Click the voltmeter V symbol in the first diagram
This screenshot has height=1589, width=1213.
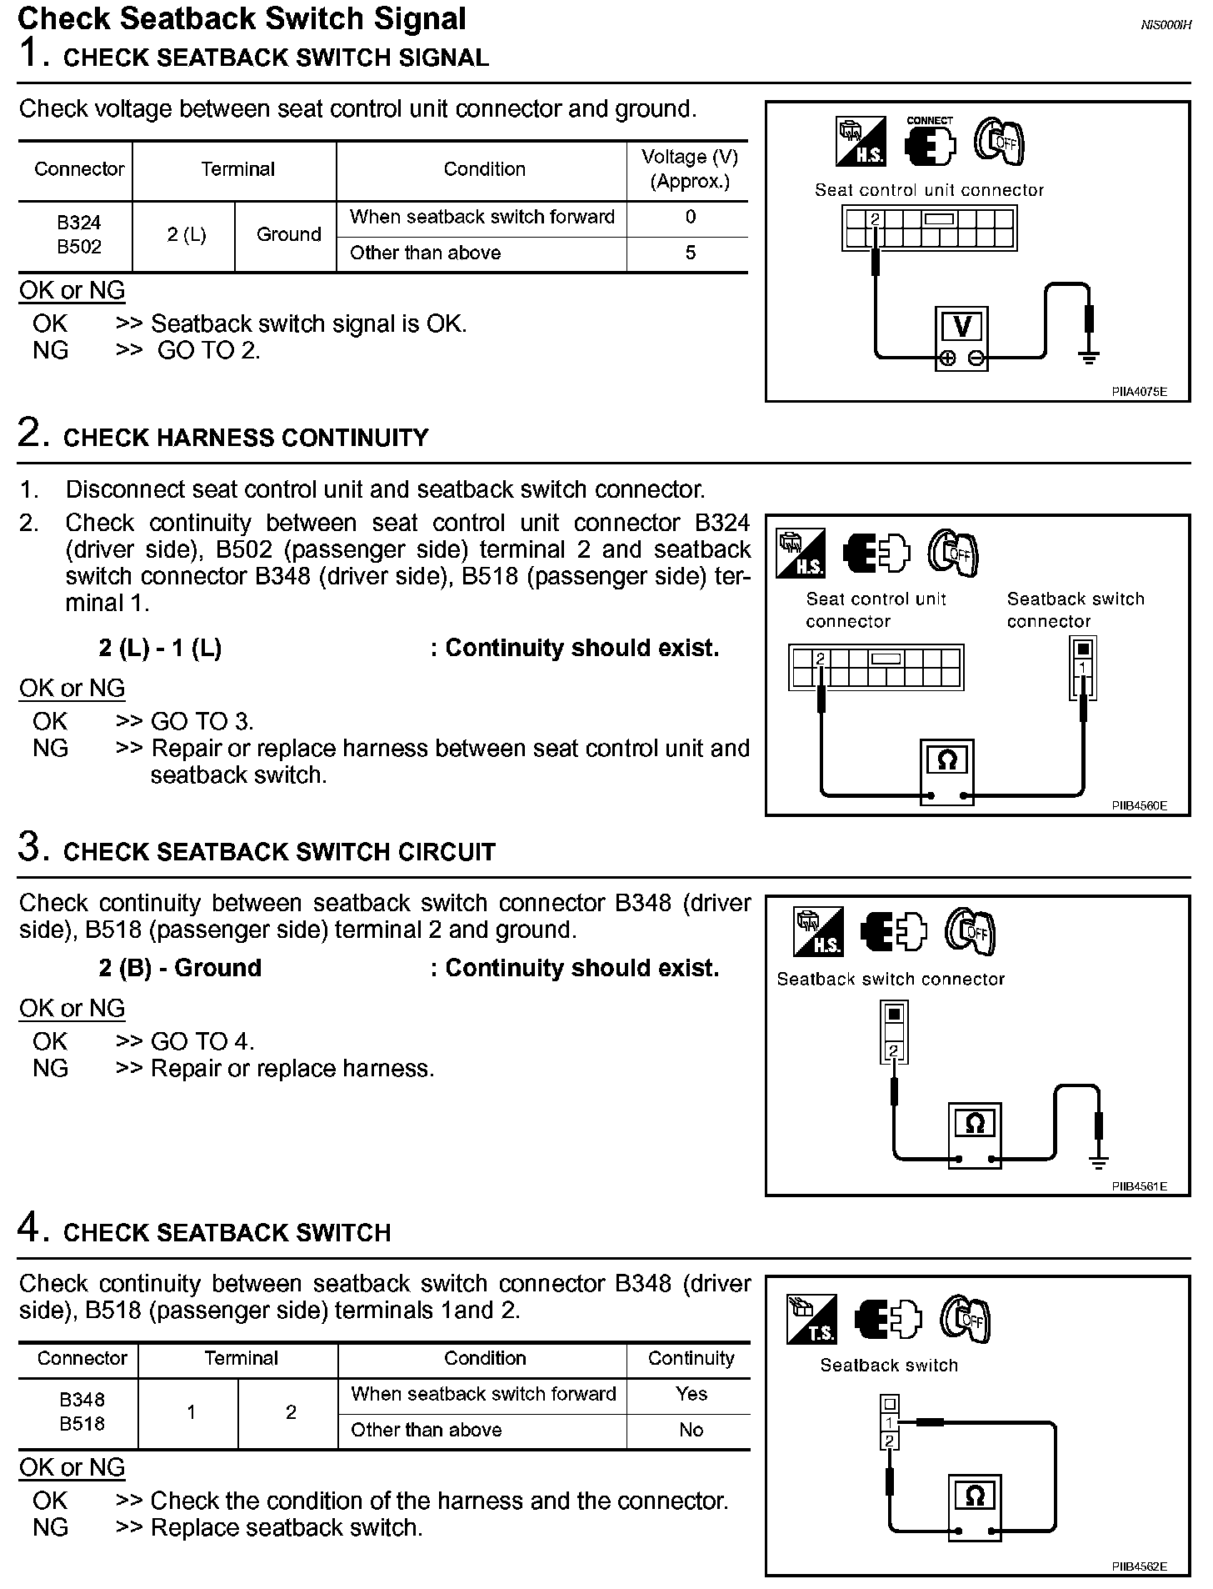point(962,325)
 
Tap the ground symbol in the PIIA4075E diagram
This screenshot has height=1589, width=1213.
point(1088,358)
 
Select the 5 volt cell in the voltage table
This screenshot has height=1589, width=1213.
point(690,253)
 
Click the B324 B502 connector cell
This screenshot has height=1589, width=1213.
point(79,234)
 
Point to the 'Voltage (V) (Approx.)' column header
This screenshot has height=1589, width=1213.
point(689,169)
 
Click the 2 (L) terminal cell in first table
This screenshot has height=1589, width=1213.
point(186,234)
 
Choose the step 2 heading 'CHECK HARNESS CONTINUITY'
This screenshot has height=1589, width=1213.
point(246,438)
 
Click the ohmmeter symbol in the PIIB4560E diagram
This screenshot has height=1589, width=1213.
point(947,760)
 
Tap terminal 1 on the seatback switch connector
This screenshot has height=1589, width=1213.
point(1082,669)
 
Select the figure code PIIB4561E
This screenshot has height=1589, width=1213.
point(1139,1186)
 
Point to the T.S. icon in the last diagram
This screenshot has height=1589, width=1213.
point(811,1320)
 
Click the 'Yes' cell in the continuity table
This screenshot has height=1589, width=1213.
point(691,1394)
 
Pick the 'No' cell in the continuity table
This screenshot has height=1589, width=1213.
point(691,1430)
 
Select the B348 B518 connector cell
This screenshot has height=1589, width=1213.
point(82,1411)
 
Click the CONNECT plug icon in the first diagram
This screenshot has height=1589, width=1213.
point(930,143)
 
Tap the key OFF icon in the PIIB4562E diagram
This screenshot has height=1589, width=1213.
point(966,1320)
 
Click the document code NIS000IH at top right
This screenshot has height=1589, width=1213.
point(1166,26)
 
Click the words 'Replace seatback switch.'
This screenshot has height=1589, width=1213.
point(287,1527)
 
